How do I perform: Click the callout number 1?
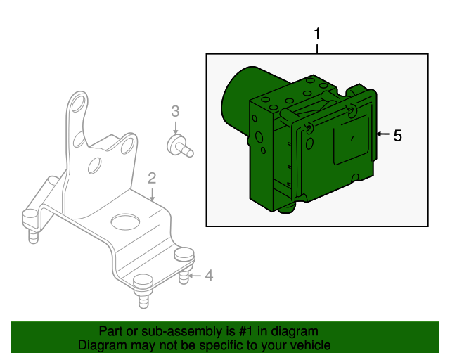click(317, 34)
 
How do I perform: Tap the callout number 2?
click(152, 179)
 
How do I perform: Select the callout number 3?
click(175, 111)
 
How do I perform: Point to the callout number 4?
click(209, 276)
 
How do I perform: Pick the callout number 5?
click(397, 136)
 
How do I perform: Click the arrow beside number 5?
click(382, 134)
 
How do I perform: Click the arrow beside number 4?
click(195, 276)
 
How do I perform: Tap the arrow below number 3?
click(176, 127)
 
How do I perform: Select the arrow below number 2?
click(152, 194)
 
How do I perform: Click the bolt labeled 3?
click(180, 146)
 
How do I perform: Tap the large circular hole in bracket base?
click(125, 221)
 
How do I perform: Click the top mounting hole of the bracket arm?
click(78, 103)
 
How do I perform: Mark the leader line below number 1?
click(317, 49)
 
